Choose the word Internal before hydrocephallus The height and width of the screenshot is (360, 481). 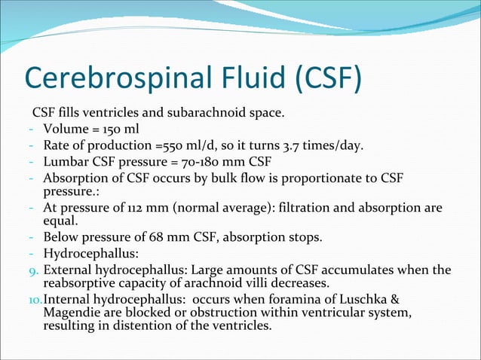[x=66, y=301]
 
